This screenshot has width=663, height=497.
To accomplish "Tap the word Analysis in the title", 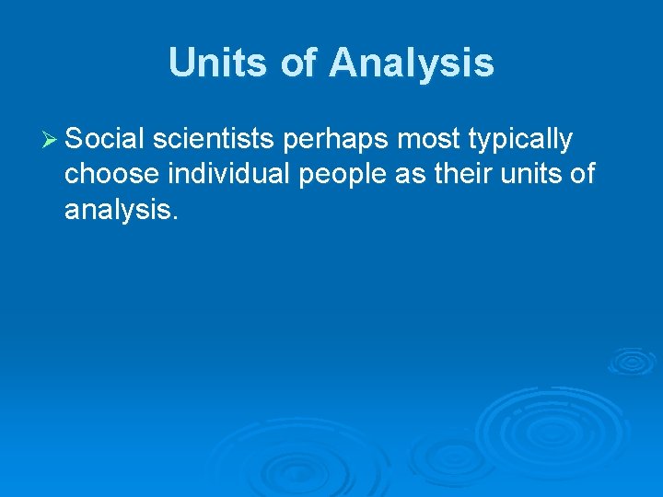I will (x=412, y=64).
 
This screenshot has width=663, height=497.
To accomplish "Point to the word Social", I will (x=104, y=139).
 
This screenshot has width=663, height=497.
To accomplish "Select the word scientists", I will (x=214, y=139).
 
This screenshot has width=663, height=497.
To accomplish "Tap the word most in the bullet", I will (x=433, y=140).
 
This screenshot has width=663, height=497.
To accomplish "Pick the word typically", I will (x=522, y=141).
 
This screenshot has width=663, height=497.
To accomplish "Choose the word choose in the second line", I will (x=111, y=175).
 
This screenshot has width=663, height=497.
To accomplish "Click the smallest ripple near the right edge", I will (x=631, y=361).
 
